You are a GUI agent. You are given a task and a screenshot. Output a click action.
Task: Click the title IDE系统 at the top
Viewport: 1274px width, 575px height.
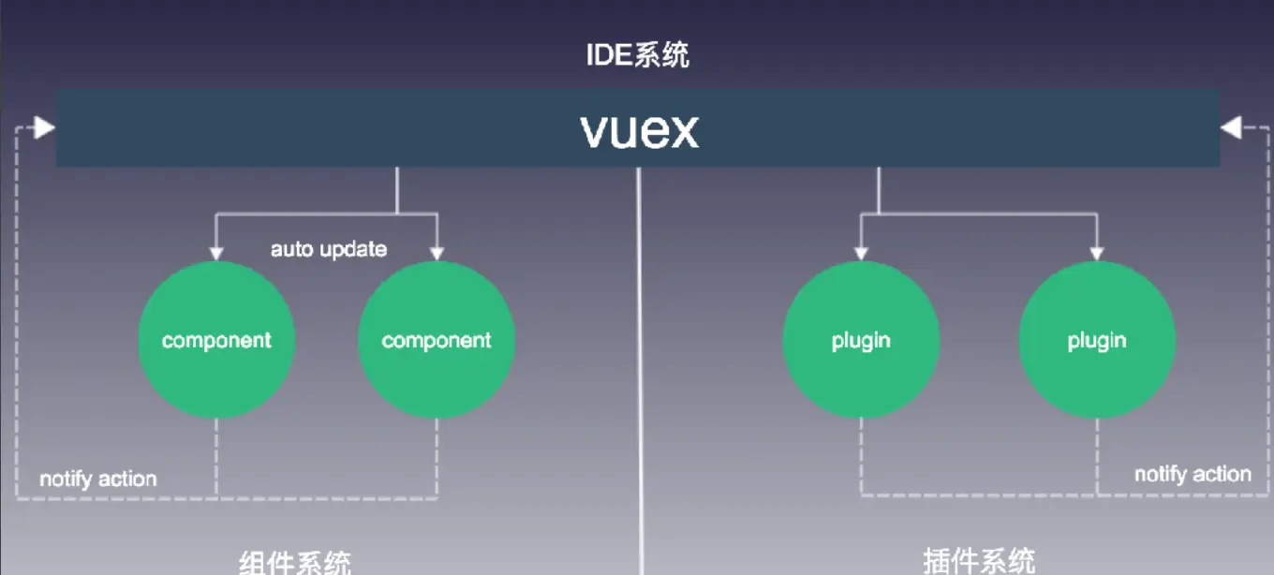638,54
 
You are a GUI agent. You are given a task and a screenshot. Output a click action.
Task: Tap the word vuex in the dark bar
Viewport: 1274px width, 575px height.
640,130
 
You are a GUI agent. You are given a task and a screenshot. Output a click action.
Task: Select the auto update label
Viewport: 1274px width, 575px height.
329,250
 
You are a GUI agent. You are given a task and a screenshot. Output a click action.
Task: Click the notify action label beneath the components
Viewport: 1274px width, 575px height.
97,479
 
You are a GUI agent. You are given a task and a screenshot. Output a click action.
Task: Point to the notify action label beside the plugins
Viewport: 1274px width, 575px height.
1193,474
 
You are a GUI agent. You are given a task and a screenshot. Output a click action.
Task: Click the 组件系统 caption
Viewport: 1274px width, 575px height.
295,562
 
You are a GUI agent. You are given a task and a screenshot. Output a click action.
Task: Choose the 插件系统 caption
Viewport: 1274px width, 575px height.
979,561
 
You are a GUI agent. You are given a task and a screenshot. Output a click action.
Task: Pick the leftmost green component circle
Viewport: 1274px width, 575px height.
216,340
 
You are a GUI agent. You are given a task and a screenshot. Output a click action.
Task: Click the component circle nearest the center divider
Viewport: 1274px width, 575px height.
437,340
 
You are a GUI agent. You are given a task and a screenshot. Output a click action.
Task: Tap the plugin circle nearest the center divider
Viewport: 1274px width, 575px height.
861,340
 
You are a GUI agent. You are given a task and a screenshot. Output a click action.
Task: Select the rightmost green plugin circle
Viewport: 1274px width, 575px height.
1097,340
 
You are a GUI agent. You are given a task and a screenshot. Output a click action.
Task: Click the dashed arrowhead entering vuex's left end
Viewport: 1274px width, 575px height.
44,127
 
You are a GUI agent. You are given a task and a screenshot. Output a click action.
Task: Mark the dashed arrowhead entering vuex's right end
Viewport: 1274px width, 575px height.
1231,127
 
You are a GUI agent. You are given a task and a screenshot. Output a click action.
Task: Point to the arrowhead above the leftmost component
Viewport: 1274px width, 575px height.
216,251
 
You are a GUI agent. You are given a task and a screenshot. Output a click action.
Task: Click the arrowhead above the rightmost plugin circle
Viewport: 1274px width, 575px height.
1097,252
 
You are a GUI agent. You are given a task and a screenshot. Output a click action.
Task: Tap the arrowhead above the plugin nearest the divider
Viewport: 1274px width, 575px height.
861,252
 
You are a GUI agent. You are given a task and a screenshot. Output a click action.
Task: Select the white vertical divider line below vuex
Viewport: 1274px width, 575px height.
641,375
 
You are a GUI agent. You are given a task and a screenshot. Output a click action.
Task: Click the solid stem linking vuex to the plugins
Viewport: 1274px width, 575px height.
879,191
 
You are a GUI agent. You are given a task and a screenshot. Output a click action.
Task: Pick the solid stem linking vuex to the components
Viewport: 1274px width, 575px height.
397,191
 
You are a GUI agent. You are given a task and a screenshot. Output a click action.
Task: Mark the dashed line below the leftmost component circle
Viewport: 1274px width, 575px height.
216,457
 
